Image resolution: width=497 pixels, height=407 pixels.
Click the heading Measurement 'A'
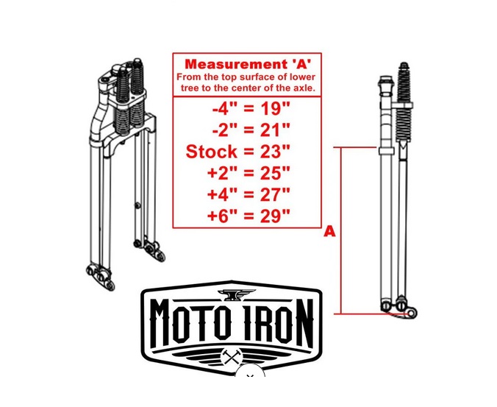(x=248, y=64)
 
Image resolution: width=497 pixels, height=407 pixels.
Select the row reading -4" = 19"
(x=251, y=109)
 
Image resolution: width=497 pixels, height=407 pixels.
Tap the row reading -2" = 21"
(x=251, y=130)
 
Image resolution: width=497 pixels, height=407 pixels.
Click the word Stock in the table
(x=211, y=152)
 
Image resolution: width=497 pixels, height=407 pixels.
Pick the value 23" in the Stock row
(x=275, y=152)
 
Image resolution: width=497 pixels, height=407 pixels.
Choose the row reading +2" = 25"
(x=248, y=173)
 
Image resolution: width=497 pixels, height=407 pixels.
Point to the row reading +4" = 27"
(x=248, y=194)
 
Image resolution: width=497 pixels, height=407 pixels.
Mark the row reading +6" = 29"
(x=248, y=216)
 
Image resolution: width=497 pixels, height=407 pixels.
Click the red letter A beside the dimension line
(x=329, y=232)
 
